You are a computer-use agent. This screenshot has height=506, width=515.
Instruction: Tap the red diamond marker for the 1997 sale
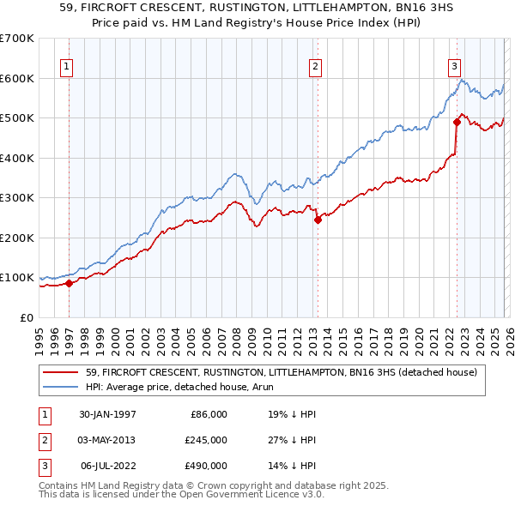[70, 283]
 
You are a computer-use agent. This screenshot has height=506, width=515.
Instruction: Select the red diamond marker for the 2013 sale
[318, 220]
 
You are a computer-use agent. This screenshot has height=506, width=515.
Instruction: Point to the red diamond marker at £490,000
[457, 123]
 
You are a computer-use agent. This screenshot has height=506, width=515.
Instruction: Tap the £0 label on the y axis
[26, 317]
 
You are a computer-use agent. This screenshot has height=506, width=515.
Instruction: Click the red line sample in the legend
[60, 372]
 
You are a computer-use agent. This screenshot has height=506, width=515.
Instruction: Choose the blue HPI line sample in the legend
[60, 387]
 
